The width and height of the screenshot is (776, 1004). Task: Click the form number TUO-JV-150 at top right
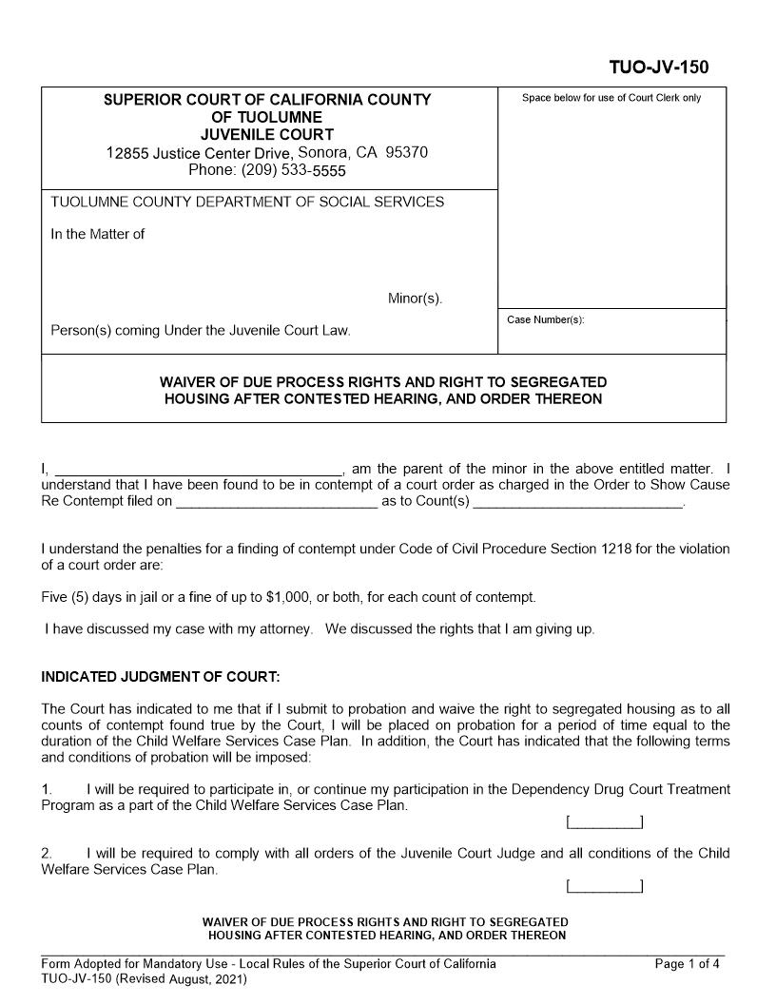click(658, 68)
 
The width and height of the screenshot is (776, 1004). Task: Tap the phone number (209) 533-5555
click(267, 171)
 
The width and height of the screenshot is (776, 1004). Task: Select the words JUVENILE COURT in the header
click(267, 134)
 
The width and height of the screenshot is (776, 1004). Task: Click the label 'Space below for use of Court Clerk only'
click(611, 98)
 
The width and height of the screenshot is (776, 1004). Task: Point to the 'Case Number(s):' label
click(546, 320)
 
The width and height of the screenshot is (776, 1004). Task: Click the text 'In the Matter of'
click(97, 234)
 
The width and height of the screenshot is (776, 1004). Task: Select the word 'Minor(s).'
click(416, 299)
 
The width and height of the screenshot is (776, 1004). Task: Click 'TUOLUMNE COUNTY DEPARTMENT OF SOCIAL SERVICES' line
click(246, 202)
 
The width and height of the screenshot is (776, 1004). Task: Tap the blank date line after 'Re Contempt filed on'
click(277, 501)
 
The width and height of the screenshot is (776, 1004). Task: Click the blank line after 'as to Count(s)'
click(578, 501)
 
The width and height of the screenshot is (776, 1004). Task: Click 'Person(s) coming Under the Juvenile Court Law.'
click(201, 331)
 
